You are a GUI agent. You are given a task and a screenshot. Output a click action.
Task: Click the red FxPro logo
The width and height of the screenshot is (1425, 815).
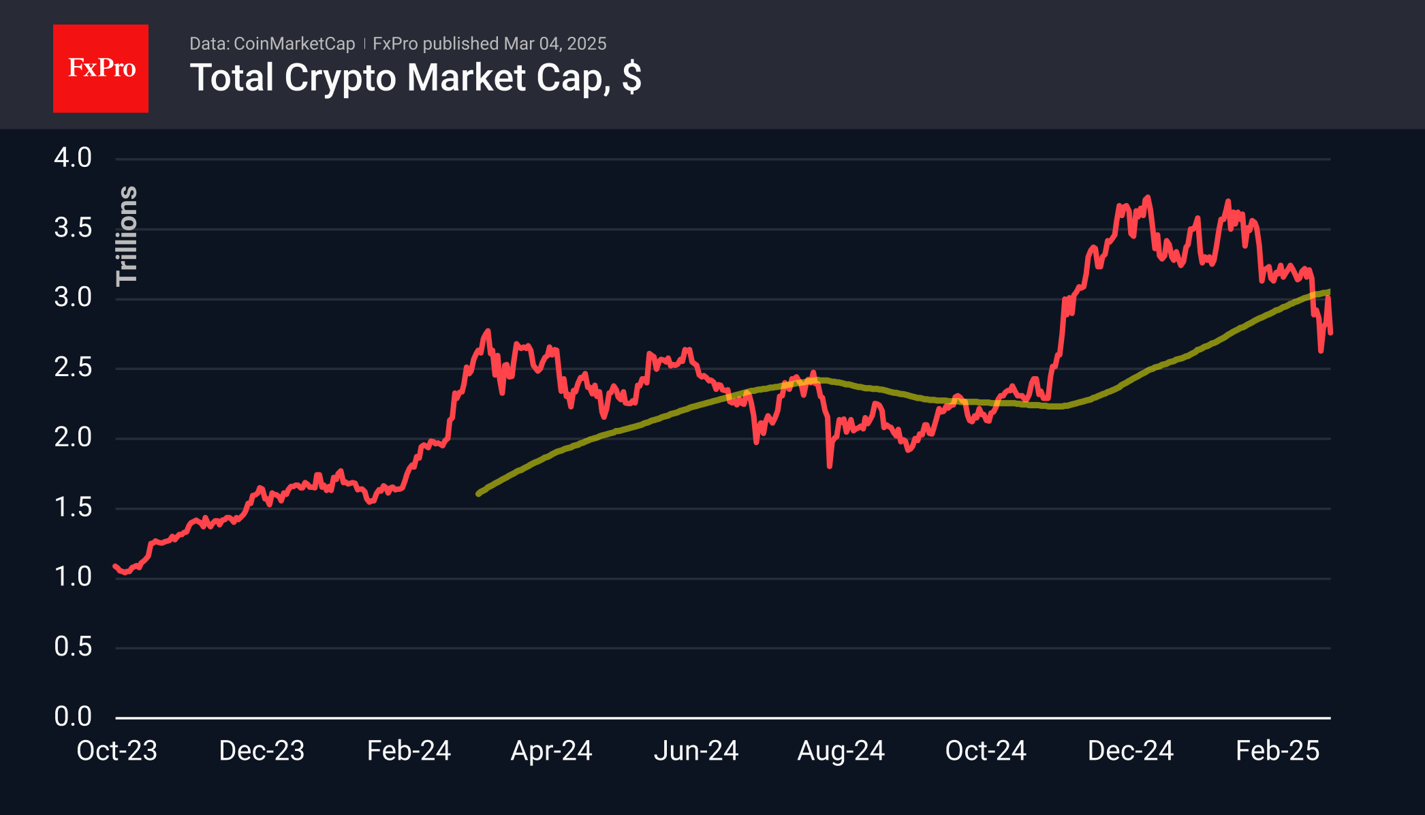[101, 68]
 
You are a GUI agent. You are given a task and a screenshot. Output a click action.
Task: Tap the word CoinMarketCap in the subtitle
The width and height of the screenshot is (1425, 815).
[294, 44]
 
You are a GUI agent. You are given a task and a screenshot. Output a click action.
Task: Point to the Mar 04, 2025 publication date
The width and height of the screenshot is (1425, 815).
[554, 44]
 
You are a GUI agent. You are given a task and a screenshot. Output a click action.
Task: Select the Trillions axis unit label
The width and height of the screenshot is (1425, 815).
[127, 236]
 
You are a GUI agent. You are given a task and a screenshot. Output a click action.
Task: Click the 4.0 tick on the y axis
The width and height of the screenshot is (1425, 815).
[73, 158]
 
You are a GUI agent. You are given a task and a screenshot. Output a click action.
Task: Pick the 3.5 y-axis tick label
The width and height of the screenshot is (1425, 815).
[73, 228]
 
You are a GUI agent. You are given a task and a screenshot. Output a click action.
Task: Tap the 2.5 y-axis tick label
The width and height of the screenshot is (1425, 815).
[73, 368]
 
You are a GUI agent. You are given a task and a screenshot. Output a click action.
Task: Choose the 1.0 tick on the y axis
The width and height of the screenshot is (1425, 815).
[73, 577]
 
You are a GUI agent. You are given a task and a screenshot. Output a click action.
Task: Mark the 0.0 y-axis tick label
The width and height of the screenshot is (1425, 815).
[73, 717]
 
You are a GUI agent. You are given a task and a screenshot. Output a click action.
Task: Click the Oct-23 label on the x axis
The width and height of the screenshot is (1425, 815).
[116, 751]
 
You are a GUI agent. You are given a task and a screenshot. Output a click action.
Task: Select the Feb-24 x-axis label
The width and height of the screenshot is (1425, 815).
[409, 751]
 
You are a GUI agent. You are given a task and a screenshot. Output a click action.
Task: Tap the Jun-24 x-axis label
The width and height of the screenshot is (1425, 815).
[696, 751]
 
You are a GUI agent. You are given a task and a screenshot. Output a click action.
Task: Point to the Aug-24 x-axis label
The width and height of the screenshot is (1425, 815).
[841, 751]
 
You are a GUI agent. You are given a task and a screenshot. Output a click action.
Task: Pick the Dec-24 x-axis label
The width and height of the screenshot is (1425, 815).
[1130, 751]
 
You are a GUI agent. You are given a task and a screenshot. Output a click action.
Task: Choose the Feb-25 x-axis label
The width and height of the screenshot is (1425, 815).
[1277, 751]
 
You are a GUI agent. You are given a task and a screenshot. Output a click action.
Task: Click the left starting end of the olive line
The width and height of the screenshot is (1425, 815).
[478, 493]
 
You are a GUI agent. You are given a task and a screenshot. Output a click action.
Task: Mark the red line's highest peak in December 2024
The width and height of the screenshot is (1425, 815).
[1148, 198]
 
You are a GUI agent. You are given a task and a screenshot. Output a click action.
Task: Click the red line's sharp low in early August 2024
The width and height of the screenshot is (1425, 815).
[830, 466]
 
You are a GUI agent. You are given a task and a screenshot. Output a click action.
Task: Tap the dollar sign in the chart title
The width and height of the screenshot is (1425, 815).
[631, 78]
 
